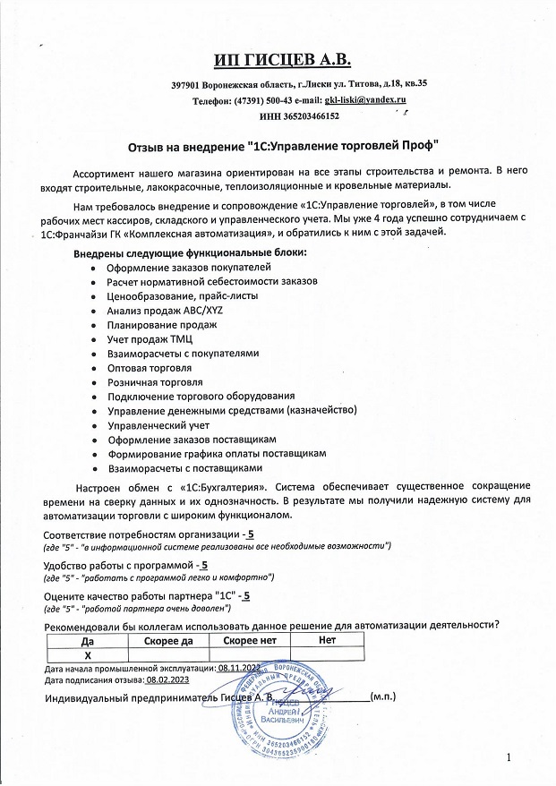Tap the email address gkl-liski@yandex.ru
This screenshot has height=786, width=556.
(x=365, y=100)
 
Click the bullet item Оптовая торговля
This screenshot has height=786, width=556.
(x=150, y=367)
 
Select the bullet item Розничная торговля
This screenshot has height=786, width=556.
(x=154, y=381)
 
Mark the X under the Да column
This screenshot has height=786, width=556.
(x=88, y=655)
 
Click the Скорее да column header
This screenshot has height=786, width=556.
(x=168, y=641)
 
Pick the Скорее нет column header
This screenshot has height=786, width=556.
(x=250, y=641)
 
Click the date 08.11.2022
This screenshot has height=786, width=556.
(x=238, y=668)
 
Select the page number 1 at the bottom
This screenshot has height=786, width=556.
(x=508, y=759)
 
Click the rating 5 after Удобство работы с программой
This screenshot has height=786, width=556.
(x=205, y=565)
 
